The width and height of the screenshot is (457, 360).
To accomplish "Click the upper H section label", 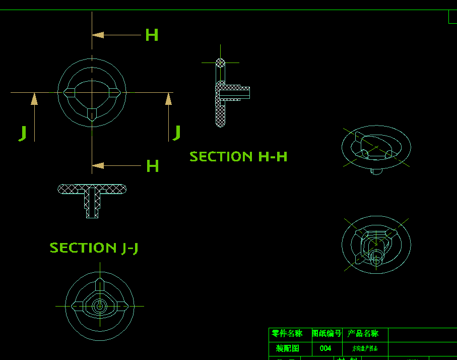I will (x=152, y=35).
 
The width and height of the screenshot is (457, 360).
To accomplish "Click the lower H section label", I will (x=152, y=166).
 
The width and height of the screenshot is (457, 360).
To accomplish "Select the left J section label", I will (x=23, y=133).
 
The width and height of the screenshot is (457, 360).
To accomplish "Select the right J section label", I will (x=176, y=133).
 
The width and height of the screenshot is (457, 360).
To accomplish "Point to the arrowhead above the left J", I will (x=34, y=98).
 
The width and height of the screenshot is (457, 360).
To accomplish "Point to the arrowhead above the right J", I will (x=169, y=99).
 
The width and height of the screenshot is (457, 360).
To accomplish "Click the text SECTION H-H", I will (x=238, y=157).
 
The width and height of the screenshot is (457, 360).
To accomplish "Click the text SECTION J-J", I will (x=94, y=248).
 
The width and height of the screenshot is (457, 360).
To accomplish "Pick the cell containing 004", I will (x=325, y=348).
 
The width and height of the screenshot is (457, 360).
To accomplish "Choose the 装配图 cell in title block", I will (x=288, y=348).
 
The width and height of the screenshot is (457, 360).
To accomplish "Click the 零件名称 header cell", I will (x=287, y=334).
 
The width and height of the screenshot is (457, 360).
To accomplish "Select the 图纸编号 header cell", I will (x=327, y=334).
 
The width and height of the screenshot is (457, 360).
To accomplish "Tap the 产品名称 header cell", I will (x=363, y=334).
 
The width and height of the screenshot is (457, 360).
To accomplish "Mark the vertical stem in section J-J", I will (x=92, y=204).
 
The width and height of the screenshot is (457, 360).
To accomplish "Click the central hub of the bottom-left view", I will (x=100, y=306).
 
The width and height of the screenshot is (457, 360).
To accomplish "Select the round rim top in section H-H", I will (x=221, y=63).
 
